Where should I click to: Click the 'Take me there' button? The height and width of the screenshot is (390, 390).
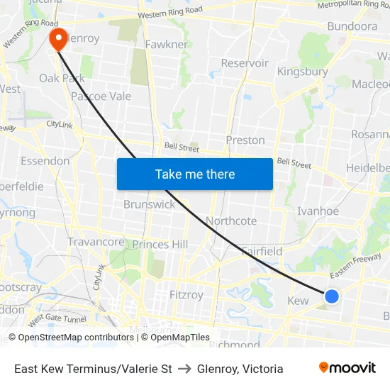pos(195,174)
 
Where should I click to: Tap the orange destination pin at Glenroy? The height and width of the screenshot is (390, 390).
pos(57,39)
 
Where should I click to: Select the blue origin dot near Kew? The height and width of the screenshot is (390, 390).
pos(331,296)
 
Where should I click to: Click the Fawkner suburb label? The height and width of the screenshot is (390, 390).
pos(166,45)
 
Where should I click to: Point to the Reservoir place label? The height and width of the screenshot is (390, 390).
pos(245,63)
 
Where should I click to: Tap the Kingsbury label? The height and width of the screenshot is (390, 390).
pos(302,72)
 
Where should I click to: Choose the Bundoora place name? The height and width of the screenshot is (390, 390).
pos(352,26)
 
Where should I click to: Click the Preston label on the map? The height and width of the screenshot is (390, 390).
pos(245,140)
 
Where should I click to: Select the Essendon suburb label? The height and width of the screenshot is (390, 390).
pos(45,161)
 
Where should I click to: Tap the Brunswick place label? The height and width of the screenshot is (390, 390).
pos(149,204)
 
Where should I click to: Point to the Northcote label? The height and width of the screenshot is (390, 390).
pos(231,221)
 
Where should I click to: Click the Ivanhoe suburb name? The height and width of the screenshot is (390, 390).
pos(318,211)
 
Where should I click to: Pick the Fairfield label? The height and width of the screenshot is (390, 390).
pos(262,251)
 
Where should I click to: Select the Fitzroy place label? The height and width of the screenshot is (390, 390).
pos(186,294)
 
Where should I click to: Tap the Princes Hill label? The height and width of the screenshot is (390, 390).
pos(160,245)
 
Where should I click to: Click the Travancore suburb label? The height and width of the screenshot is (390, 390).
pos(96,242)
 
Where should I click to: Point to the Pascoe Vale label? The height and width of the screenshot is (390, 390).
pos(101,96)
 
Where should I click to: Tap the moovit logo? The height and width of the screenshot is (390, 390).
pos(347,368)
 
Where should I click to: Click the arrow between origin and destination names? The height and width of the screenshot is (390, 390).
pos(184,369)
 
